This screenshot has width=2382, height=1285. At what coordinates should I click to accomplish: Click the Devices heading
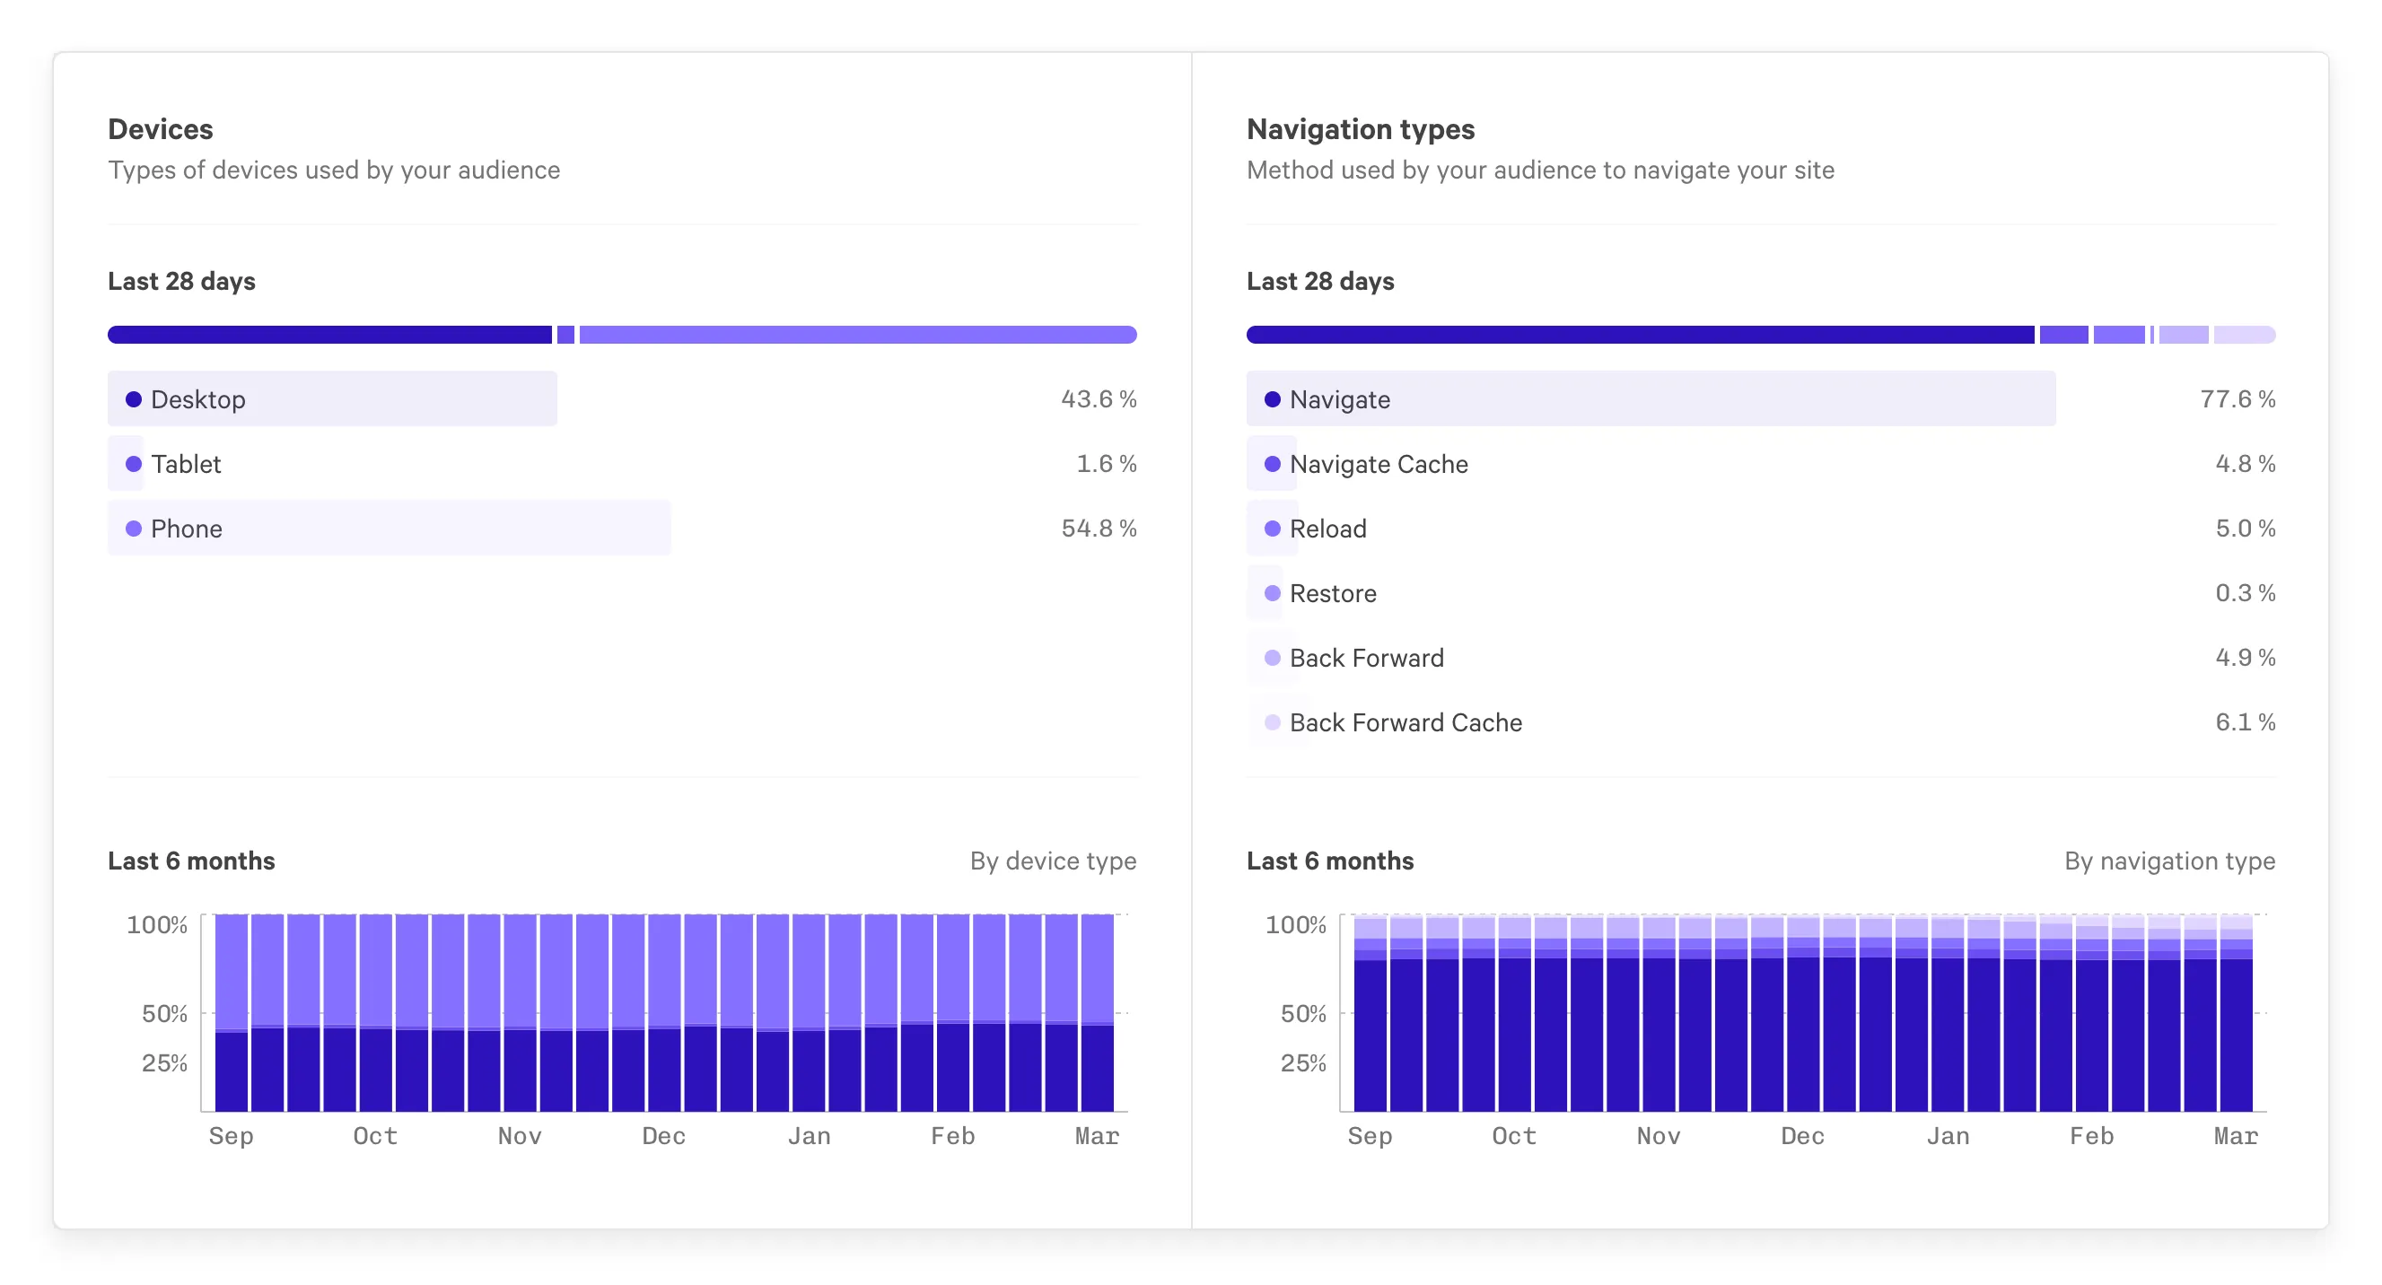pos(160,129)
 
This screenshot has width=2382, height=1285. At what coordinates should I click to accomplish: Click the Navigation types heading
pos(1360,129)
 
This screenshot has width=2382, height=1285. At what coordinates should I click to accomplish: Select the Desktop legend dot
pos(133,399)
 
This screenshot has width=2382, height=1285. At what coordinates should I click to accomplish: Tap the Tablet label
pos(186,464)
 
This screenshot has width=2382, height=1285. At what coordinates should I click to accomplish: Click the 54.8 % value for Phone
pos(1098,528)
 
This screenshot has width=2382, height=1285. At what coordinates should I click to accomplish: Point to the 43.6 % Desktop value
pos(1098,399)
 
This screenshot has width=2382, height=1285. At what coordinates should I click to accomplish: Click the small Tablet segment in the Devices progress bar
pos(565,335)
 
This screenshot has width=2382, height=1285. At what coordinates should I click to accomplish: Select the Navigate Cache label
pos(1378,464)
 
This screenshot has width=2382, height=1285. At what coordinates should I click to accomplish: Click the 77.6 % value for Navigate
pos(2237,399)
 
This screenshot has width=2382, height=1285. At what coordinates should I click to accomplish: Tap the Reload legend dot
pos(1273,529)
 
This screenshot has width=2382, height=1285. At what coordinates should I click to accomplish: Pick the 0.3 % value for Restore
pos(2244,592)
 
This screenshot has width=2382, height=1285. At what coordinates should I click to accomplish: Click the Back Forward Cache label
pos(1405,723)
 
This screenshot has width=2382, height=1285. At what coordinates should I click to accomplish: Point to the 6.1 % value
pos(2244,722)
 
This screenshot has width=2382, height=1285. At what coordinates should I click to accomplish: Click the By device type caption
pos(1052,861)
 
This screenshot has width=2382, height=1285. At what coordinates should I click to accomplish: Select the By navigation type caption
pos(2168,861)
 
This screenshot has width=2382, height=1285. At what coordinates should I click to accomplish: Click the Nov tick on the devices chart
pos(520,1136)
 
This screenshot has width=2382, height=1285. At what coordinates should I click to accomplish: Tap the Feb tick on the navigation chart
pos(2090,1136)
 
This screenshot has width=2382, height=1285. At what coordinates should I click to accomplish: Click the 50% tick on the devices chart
pos(164,1014)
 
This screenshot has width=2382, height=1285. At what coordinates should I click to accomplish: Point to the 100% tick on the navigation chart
pos(1294,925)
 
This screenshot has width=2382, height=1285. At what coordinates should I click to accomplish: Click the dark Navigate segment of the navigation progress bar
pos(1639,335)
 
